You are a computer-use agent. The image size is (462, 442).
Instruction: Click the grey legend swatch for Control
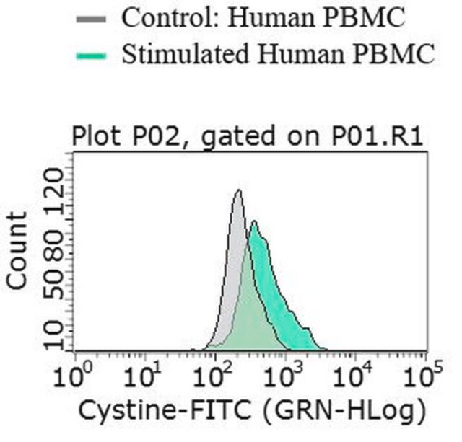(91, 19)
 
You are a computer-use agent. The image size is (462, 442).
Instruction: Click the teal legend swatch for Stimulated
(91, 56)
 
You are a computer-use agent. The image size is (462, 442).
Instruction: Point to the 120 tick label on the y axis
(54, 192)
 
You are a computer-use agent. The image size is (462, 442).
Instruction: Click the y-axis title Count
(17, 251)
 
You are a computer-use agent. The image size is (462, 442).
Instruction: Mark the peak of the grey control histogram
(239, 190)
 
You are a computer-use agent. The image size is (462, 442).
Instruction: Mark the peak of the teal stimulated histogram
(254, 221)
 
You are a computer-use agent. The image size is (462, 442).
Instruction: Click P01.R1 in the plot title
(378, 136)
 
